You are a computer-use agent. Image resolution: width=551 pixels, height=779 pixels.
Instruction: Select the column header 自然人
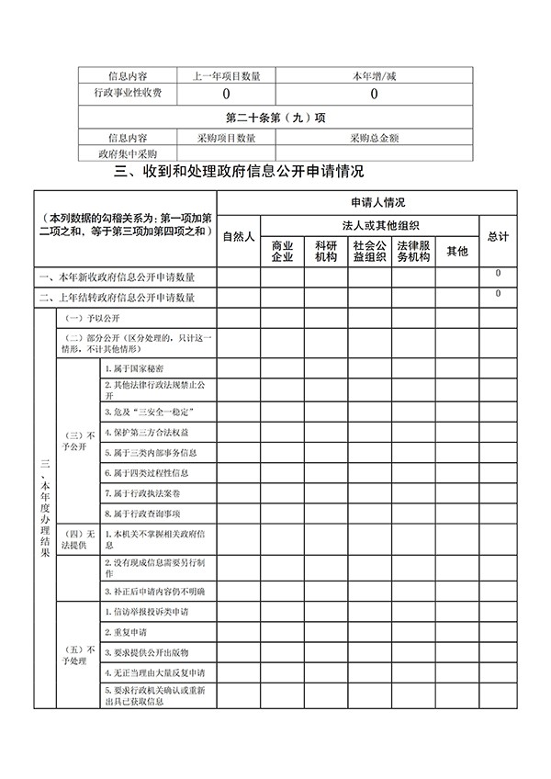(239, 236)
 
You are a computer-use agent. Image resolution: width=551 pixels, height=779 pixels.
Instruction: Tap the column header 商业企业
(282, 252)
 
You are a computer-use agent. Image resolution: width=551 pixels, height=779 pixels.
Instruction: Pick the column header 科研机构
(326, 252)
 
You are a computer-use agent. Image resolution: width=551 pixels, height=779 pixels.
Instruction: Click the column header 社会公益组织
(369, 252)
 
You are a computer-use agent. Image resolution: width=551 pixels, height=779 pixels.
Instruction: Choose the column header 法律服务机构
(413, 252)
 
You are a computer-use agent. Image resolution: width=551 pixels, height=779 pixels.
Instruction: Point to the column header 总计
(499, 236)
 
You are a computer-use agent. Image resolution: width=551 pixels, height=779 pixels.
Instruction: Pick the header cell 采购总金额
(375, 138)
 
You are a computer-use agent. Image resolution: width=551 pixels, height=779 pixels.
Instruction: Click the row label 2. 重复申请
(125, 633)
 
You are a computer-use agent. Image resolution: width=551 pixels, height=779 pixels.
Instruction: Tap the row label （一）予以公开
(88, 317)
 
